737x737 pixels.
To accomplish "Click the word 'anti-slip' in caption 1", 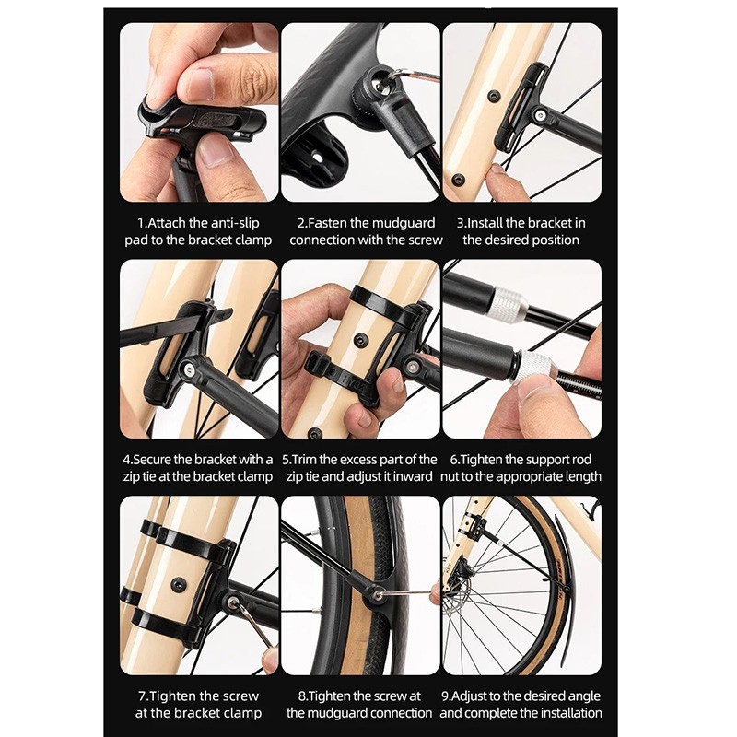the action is [x=234, y=223].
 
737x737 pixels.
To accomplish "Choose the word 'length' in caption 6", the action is [x=581, y=476].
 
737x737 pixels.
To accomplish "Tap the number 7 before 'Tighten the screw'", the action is [x=142, y=696].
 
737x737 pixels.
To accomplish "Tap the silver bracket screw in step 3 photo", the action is [x=541, y=114].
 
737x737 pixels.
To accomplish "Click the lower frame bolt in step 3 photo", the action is [x=457, y=179].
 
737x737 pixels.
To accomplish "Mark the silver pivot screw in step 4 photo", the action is [x=190, y=367].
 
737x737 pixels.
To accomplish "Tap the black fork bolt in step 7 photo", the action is [x=179, y=584].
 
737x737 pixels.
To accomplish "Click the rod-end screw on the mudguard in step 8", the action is [x=378, y=594].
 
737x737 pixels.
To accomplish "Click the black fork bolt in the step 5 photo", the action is [x=360, y=340].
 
